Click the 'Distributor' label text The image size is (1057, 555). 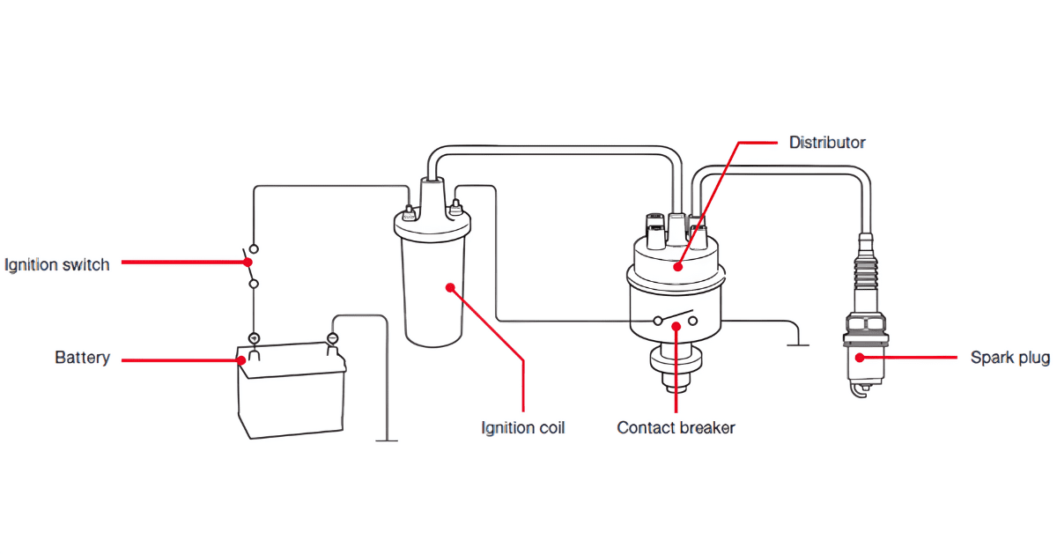tap(826, 142)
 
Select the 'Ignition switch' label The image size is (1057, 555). tap(57, 264)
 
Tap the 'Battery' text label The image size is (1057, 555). tap(82, 358)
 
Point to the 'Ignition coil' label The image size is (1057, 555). tap(522, 428)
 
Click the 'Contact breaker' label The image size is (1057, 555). tap(676, 428)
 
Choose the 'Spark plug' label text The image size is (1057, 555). tap(1009, 358)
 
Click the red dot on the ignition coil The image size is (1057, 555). tap(449, 286)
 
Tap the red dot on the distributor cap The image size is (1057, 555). tap(676, 267)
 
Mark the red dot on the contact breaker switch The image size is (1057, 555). tap(676, 326)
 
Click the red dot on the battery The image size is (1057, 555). tap(242, 359)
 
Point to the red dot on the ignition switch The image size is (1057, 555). tap(249, 262)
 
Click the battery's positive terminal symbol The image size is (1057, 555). tap(254, 338)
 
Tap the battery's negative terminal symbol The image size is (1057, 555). tap(332, 338)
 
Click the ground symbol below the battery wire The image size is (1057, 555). tap(386, 438)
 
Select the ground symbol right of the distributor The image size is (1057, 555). tap(797, 343)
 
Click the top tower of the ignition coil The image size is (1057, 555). tap(432, 190)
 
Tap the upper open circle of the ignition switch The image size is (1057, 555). tap(254, 249)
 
